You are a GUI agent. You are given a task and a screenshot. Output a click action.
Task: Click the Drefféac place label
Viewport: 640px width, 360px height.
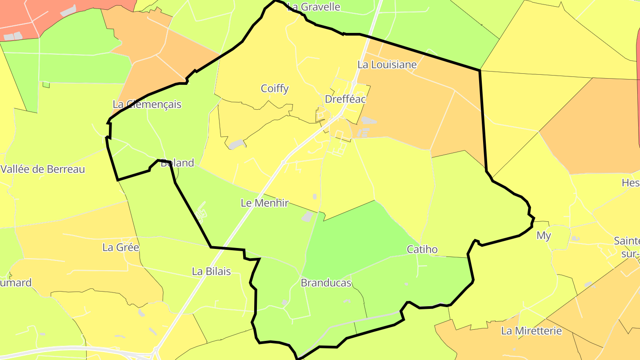tap(345, 99)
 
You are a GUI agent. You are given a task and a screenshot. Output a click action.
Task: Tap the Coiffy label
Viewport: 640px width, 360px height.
tap(275, 88)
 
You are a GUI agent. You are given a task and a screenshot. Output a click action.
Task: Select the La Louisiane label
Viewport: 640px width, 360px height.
tap(387, 64)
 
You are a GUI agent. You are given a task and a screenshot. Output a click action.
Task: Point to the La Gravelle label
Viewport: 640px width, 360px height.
tap(314, 7)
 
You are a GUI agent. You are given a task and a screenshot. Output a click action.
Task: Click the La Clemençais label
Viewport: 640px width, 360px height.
tap(147, 104)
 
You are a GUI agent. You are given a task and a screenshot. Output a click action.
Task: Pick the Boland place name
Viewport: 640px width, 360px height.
tap(177, 163)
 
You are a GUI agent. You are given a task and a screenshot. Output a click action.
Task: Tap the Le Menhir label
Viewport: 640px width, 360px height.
tap(264, 203)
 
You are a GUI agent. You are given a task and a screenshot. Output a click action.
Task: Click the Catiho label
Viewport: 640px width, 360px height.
tap(422, 249)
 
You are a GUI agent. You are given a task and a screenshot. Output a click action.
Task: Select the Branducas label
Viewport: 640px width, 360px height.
tap(326, 283)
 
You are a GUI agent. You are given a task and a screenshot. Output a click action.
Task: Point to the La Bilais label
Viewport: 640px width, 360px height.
tap(211, 271)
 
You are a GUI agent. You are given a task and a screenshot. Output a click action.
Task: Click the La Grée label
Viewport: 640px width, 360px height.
tap(120, 247)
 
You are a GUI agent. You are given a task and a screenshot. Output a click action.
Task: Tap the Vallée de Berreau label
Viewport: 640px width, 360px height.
tap(43, 169)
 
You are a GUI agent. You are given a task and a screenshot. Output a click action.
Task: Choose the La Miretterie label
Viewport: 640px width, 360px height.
tap(531, 331)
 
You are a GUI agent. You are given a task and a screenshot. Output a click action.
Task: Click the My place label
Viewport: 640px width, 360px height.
tap(544, 236)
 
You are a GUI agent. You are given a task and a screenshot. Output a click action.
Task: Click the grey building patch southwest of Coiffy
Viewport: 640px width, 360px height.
tap(237, 144)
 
